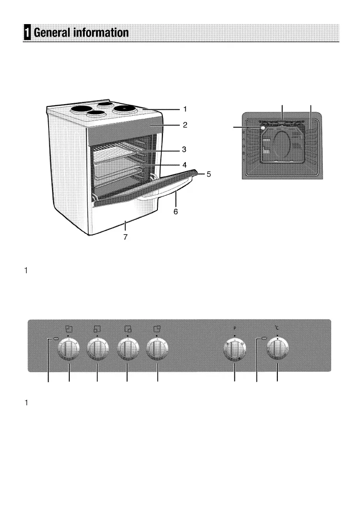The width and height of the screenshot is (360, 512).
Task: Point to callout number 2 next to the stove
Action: click(184, 125)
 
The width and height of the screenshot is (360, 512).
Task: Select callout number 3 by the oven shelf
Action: click(184, 150)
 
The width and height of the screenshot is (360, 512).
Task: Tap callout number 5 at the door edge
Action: click(209, 175)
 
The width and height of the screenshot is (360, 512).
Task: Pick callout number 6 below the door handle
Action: click(175, 212)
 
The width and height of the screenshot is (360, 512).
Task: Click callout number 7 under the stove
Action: click(125, 237)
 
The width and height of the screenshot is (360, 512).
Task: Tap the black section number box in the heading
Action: click(28, 33)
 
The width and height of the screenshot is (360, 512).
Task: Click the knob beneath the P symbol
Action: click(235, 349)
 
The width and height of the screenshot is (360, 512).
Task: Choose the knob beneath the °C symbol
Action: click(277, 349)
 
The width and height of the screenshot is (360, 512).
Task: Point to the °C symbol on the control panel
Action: click(277, 329)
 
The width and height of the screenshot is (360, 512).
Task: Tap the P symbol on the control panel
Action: click(235, 329)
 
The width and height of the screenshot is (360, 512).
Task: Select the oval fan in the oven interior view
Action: click(282, 146)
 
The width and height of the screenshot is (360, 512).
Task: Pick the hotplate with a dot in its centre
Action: click(123, 108)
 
